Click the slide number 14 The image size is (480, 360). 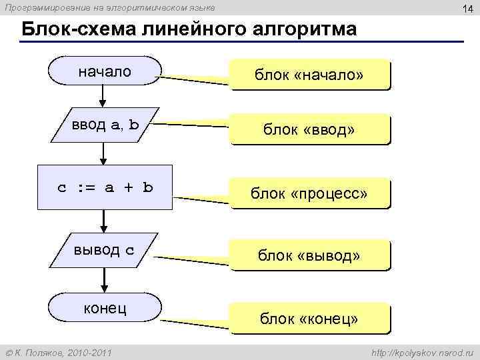[465, 8]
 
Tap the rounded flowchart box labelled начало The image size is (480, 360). [105, 71]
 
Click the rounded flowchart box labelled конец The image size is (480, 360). [105, 310]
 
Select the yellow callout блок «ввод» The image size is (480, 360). [309, 129]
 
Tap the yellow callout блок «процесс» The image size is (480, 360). [309, 193]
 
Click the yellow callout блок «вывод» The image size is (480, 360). [309, 255]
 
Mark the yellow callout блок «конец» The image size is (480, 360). [309, 319]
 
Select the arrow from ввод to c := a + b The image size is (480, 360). [103, 154]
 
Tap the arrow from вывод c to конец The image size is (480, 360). [103, 281]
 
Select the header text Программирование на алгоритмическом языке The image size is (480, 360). [110, 7]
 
